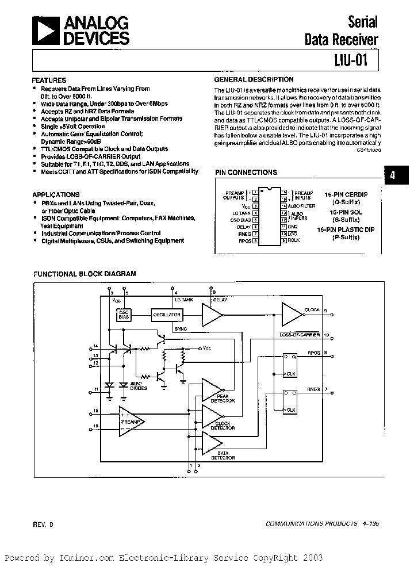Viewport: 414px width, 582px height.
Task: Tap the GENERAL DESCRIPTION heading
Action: [254, 80]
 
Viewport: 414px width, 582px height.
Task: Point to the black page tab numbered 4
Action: [393, 176]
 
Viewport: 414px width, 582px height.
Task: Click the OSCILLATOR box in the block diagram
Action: [166, 315]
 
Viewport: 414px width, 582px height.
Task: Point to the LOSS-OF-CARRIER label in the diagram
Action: [300, 334]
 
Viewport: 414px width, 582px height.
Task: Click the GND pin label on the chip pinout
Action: [293, 226]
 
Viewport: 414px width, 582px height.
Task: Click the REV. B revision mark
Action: [40, 524]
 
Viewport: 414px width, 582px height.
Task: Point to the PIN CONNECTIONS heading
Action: [246, 172]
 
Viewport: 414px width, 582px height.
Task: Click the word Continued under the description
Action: [369, 150]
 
